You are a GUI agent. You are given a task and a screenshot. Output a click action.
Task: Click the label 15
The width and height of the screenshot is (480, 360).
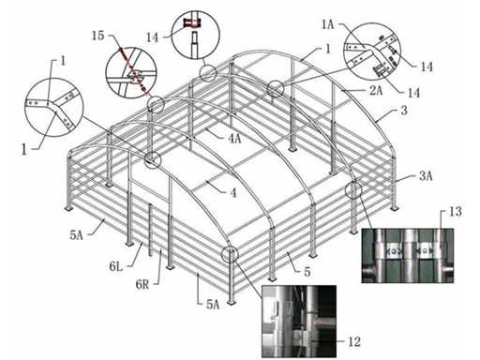tap(97, 36)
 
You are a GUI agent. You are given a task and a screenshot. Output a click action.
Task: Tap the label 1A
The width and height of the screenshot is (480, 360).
tap(327, 24)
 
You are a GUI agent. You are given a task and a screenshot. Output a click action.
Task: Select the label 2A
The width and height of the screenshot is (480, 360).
tap(376, 90)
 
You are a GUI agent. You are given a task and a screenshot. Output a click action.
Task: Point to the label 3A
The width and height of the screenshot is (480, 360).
tap(426, 176)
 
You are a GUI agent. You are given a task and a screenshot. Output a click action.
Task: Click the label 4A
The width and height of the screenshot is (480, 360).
tap(234, 138)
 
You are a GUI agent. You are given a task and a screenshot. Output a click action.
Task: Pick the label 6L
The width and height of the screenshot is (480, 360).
tap(116, 266)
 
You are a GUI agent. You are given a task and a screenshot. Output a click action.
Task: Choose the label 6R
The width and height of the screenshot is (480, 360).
tap(142, 284)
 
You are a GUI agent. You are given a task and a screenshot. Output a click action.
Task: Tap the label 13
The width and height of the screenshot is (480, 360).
tap(455, 212)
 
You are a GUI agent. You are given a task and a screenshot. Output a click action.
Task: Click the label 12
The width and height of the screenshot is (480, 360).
tap(354, 341)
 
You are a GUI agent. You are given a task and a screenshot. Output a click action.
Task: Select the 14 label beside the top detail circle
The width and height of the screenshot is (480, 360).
tap(152, 37)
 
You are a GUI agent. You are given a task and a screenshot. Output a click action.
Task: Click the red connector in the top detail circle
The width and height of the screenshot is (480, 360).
tap(192, 22)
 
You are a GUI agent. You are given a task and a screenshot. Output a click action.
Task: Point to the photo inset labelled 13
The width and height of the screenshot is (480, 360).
tap(407, 256)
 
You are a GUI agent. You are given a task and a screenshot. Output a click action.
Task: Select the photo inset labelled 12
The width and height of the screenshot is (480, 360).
tap(299, 322)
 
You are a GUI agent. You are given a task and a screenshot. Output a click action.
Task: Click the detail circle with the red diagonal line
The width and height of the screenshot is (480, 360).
tap(131, 71)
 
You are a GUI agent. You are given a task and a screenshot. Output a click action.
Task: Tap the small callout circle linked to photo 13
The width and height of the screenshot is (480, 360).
tap(353, 189)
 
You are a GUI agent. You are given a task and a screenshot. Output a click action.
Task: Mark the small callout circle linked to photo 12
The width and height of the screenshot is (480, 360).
tap(230, 254)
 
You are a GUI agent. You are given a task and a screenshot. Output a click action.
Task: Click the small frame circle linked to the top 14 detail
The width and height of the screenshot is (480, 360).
tap(208, 73)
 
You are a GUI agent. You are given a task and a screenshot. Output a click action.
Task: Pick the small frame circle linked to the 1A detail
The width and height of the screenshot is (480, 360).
tap(276, 88)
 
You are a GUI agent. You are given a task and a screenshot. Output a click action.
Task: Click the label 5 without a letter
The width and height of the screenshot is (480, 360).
tap(307, 272)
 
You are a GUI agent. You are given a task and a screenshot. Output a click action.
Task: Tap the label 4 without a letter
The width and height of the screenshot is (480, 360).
tap(233, 193)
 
